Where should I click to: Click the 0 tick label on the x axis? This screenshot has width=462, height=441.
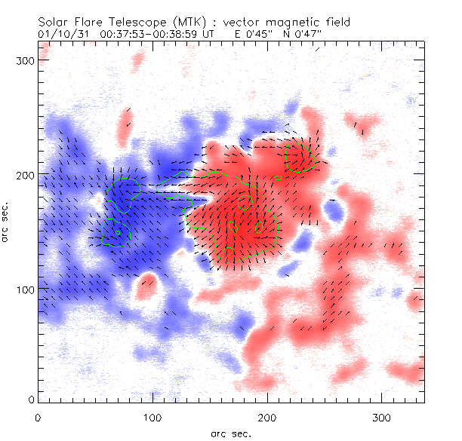(38, 416)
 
